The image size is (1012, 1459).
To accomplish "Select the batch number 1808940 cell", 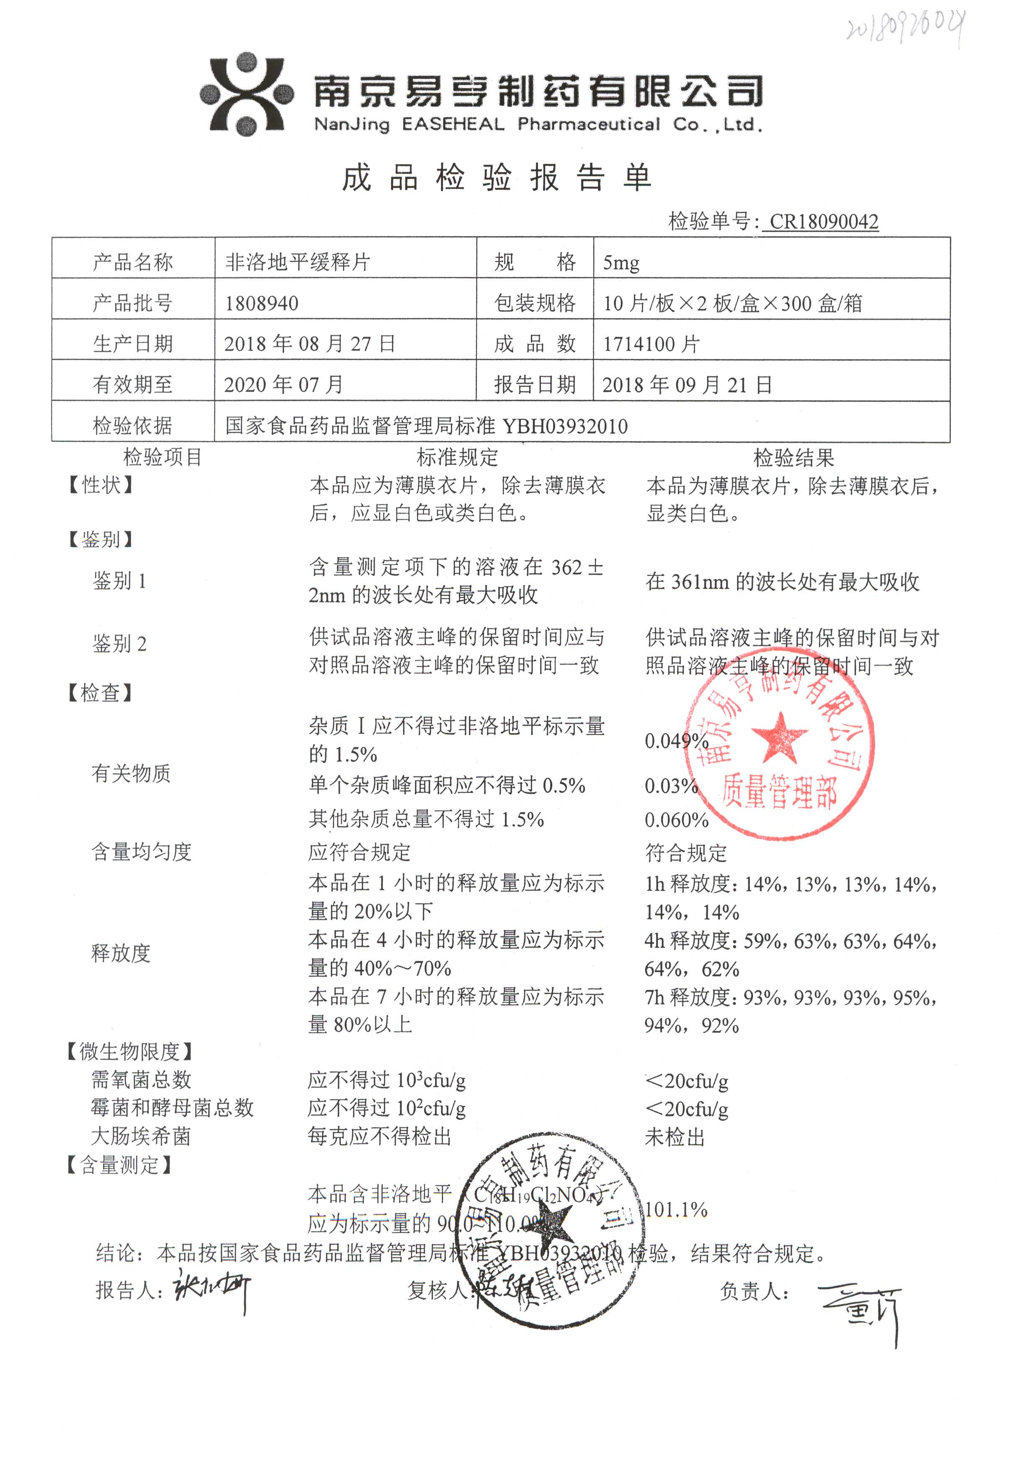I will (x=262, y=303).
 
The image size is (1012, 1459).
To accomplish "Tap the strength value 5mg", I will (x=621, y=262).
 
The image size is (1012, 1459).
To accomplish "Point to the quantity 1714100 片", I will (x=651, y=344).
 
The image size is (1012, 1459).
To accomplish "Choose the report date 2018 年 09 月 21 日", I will (x=687, y=385).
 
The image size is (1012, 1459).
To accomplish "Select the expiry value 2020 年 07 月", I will (x=283, y=385).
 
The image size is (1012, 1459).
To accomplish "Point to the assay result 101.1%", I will (x=676, y=1210).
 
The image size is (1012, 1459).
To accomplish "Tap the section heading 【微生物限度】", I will (x=129, y=1052).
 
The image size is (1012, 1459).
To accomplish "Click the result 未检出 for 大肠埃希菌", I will (x=675, y=1137).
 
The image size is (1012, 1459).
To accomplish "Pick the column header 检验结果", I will (x=793, y=458).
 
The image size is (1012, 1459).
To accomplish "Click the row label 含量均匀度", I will (x=142, y=852).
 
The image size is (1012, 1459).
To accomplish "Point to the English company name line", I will (x=538, y=124).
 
